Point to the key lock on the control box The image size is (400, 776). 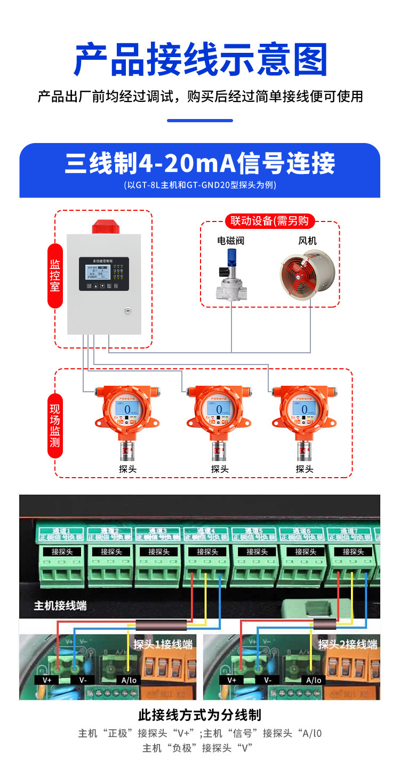point(128,310)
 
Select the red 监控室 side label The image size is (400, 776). point(55,275)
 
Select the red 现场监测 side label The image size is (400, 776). point(55,425)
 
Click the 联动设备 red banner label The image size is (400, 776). point(270,221)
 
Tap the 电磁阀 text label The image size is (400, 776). point(230,241)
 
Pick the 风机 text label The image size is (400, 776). point(307,241)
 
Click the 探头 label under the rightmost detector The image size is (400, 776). point(305,469)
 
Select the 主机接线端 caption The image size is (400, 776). point(60,606)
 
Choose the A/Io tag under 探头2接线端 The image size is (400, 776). point(314,680)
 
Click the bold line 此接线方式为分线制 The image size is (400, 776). point(200,715)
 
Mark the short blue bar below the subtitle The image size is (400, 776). point(200,121)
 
